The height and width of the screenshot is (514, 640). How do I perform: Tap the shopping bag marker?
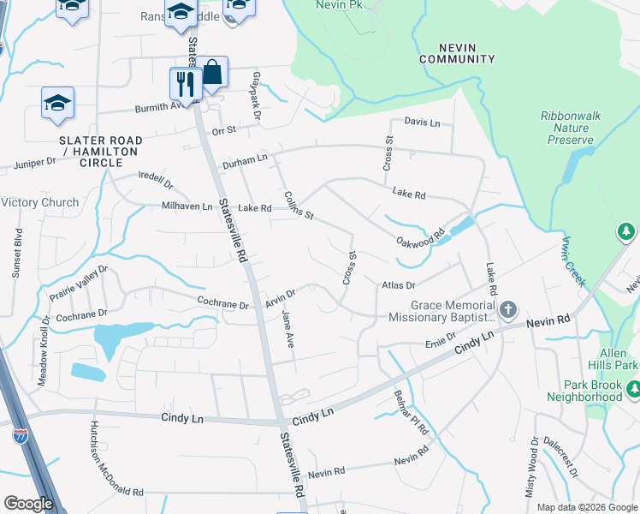click(x=212, y=73)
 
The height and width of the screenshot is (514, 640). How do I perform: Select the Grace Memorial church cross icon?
click(x=508, y=308)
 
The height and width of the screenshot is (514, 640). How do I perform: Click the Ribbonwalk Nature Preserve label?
click(x=566, y=128)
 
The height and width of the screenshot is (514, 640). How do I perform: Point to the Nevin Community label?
click(x=457, y=52)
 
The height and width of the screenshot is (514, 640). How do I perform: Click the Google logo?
click(x=28, y=504)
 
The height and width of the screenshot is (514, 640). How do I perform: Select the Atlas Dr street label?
click(x=398, y=284)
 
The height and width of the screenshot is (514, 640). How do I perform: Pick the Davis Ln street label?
click(x=422, y=123)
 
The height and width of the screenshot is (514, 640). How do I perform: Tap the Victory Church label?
click(x=40, y=203)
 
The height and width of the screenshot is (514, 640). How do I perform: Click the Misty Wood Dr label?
click(x=531, y=468)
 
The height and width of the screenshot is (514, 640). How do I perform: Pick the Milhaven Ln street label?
click(x=187, y=206)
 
